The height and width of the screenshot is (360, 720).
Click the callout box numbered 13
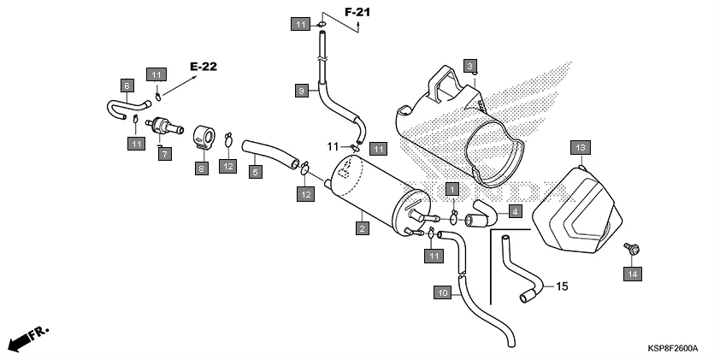coord(579,148)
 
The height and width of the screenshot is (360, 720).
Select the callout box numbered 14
coord(632,274)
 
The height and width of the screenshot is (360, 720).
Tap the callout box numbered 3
coord(469,65)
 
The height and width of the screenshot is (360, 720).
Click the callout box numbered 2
coord(363,228)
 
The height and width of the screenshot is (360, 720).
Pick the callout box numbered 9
coord(300,89)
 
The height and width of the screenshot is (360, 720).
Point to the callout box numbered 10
coord(442,292)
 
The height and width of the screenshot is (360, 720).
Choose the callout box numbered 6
coord(127,86)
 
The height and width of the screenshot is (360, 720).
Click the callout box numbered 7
coord(165,153)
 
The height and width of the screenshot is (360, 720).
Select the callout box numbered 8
coord(202,169)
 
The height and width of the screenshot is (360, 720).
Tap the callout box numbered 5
coord(255,172)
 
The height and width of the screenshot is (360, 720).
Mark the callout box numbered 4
coord(515,210)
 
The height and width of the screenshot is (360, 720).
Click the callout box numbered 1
coord(452,187)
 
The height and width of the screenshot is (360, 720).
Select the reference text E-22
coord(205,66)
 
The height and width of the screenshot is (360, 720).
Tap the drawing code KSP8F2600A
coord(672,348)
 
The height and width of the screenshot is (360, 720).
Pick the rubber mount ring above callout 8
coord(205,136)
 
